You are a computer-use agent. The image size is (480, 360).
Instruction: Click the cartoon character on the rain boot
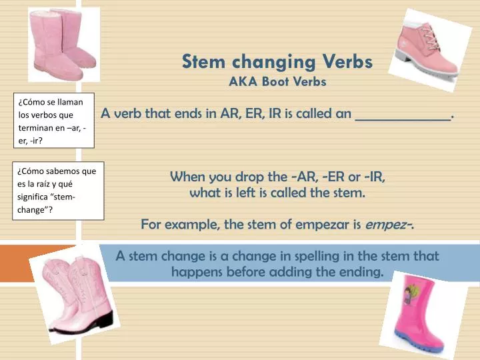coord(409,294)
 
